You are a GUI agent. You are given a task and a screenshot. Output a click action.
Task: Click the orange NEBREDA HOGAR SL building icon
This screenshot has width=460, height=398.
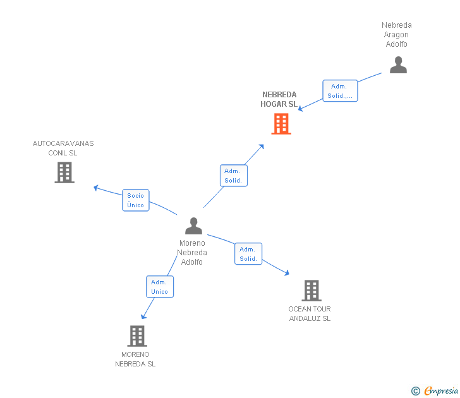pyautogui.click(x=281, y=124)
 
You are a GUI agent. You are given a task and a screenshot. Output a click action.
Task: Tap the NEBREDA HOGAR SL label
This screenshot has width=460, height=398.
pyautogui.click(x=279, y=100)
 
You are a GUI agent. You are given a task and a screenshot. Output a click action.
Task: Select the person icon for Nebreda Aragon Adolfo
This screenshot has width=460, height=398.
pyautogui.click(x=398, y=65)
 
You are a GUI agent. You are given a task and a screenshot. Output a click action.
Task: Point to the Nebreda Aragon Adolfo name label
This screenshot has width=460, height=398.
pyautogui.click(x=397, y=35)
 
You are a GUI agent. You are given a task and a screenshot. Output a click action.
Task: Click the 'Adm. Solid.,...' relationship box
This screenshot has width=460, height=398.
pyautogui.click(x=340, y=91)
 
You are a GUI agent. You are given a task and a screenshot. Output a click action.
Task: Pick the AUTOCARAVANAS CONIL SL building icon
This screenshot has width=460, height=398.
pyautogui.click(x=64, y=172)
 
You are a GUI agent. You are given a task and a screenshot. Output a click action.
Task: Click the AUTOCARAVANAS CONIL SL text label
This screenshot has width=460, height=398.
pyautogui.click(x=63, y=148)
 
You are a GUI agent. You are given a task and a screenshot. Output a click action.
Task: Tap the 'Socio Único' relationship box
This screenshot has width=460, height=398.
pyautogui.click(x=136, y=200)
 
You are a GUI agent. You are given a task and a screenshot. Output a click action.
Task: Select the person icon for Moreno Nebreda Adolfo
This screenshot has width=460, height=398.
pyautogui.click(x=193, y=226)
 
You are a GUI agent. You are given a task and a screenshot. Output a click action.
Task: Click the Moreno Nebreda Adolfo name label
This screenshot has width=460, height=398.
pyautogui.click(x=192, y=253)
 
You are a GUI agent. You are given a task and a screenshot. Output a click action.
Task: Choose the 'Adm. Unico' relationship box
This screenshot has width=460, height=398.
pyautogui.click(x=160, y=287)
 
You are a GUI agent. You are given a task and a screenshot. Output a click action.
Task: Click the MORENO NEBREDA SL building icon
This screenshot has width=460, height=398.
pyautogui.click(x=137, y=336)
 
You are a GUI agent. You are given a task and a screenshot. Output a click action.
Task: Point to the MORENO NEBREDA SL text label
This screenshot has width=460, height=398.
pyautogui.click(x=135, y=359)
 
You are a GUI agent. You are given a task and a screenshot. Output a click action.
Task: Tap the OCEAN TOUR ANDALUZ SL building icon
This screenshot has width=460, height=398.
pyautogui.click(x=311, y=291)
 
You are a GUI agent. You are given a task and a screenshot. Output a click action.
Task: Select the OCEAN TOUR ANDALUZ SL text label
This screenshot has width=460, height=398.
pyautogui.click(x=310, y=313)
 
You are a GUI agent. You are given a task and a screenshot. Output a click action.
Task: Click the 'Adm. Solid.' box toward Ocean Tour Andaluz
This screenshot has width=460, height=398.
pyautogui.click(x=248, y=254)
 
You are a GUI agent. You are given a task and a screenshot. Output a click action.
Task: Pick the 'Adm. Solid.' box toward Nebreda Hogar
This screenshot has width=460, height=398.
pyautogui.click(x=233, y=176)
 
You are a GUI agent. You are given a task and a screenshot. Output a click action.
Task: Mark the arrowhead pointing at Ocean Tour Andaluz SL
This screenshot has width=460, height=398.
pyautogui.click(x=287, y=273)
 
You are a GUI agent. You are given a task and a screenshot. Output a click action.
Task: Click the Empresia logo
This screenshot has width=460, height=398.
pyautogui.click(x=435, y=391)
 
